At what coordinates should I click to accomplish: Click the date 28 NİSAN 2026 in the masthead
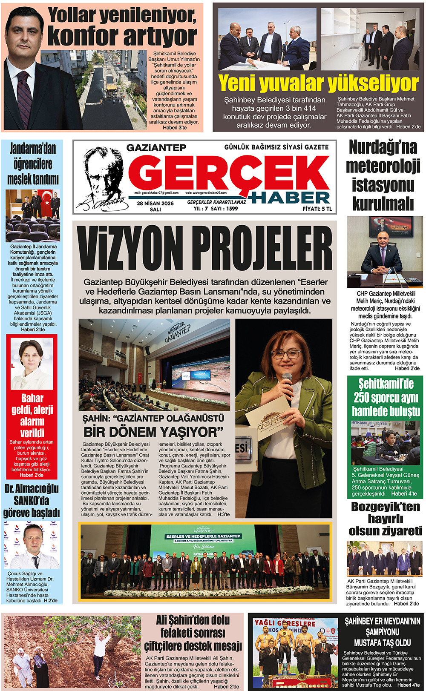click(155, 204)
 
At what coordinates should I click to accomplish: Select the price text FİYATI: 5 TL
click(317, 209)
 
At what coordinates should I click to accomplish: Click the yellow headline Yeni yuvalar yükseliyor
click(318, 83)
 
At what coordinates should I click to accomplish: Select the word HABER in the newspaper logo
click(290, 198)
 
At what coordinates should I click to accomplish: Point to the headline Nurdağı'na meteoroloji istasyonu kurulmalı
click(383, 175)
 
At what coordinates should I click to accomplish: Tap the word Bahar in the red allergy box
click(32, 399)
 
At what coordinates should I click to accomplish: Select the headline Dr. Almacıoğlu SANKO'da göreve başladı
click(32, 501)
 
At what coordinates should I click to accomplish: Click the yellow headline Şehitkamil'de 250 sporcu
click(386, 397)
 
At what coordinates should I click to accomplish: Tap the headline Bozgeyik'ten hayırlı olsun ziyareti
click(385, 519)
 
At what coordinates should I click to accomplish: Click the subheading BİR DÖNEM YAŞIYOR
click(153, 432)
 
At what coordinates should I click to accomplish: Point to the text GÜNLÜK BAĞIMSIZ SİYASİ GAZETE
click(276, 147)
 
